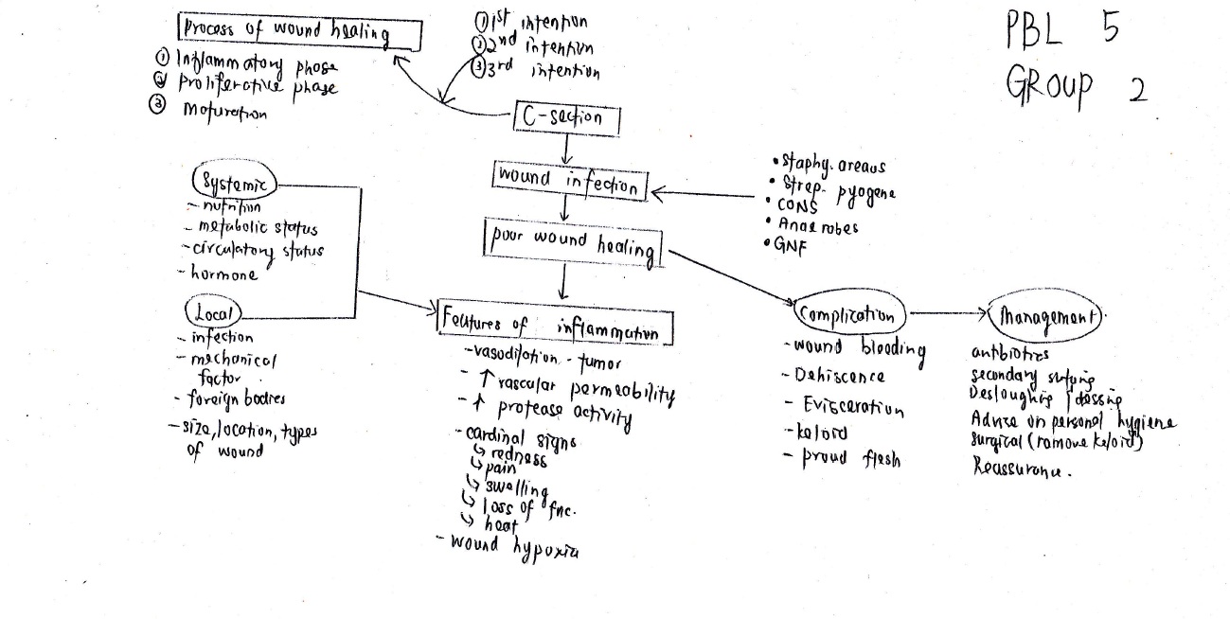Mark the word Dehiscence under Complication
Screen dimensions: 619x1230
834,377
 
